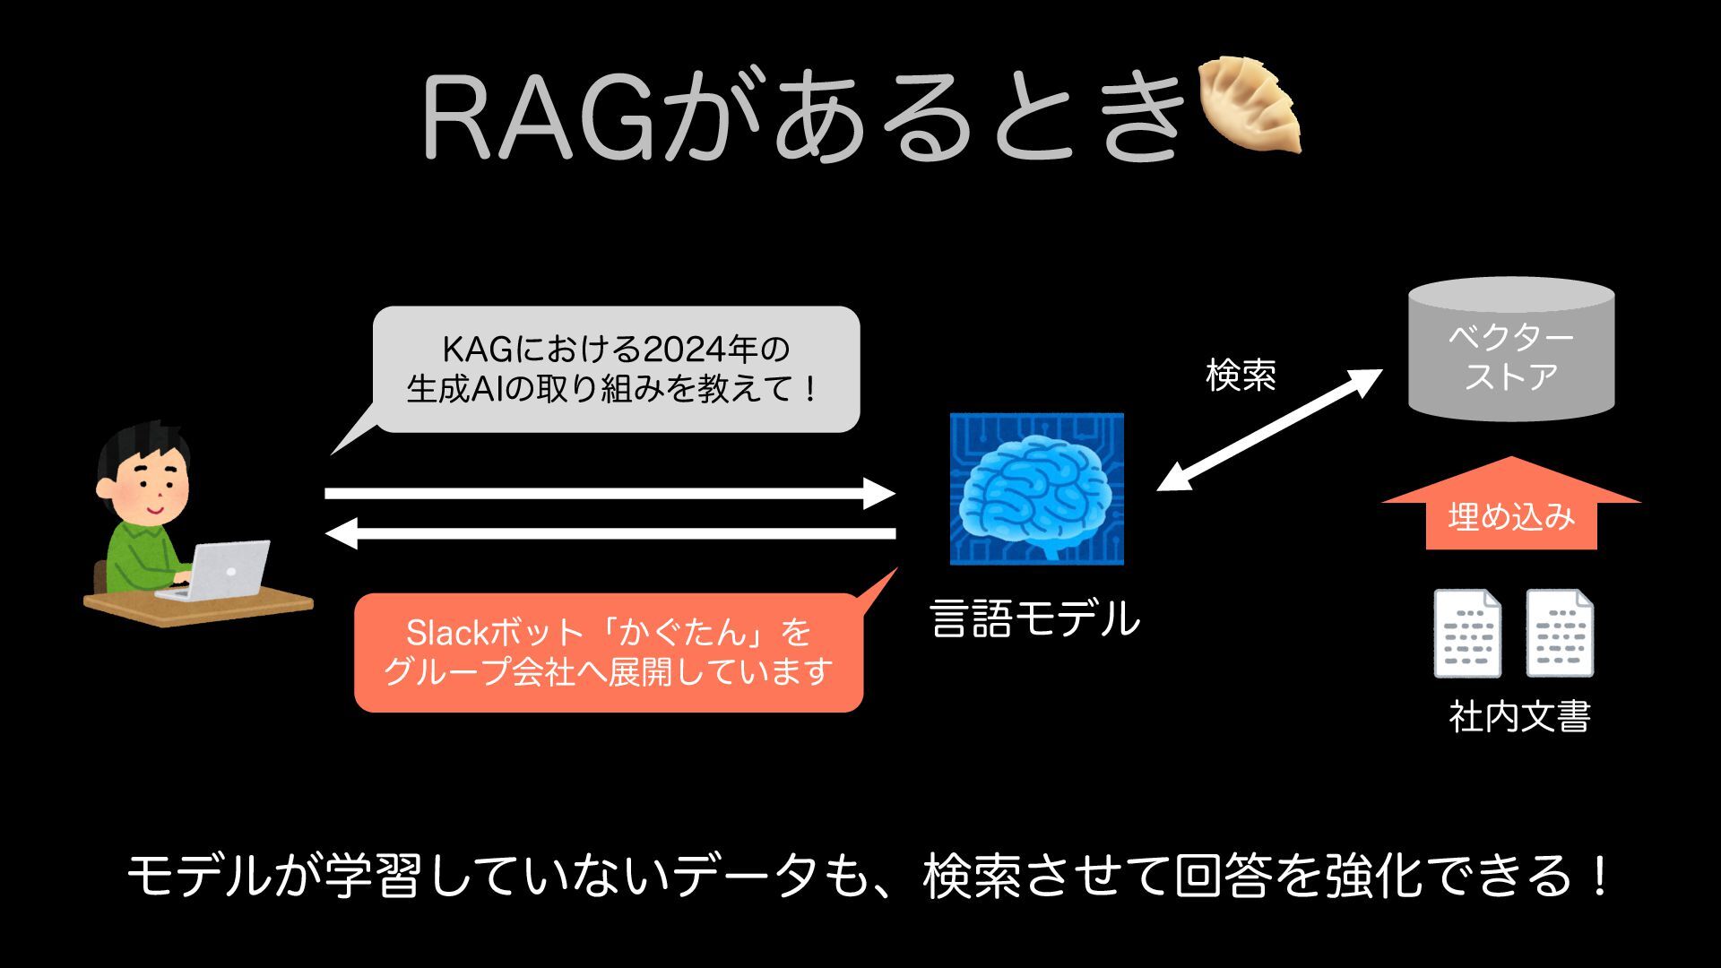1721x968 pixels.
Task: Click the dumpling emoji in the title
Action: pyautogui.click(x=1250, y=104)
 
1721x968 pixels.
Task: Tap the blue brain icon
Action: pyautogui.click(x=1036, y=488)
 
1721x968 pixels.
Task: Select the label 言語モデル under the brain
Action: pyautogui.click(x=1035, y=618)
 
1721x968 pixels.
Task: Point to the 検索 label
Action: pyautogui.click(x=1241, y=375)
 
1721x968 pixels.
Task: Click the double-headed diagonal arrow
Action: pyautogui.click(x=1268, y=430)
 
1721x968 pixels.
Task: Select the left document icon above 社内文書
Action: pyautogui.click(x=1467, y=633)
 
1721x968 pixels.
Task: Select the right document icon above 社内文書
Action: pyautogui.click(x=1560, y=633)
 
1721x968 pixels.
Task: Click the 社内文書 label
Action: pyautogui.click(x=1519, y=717)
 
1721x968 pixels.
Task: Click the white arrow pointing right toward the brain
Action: pyautogui.click(x=610, y=493)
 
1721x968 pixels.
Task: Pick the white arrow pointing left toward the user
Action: pyautogui.click(x=610, y=533)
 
